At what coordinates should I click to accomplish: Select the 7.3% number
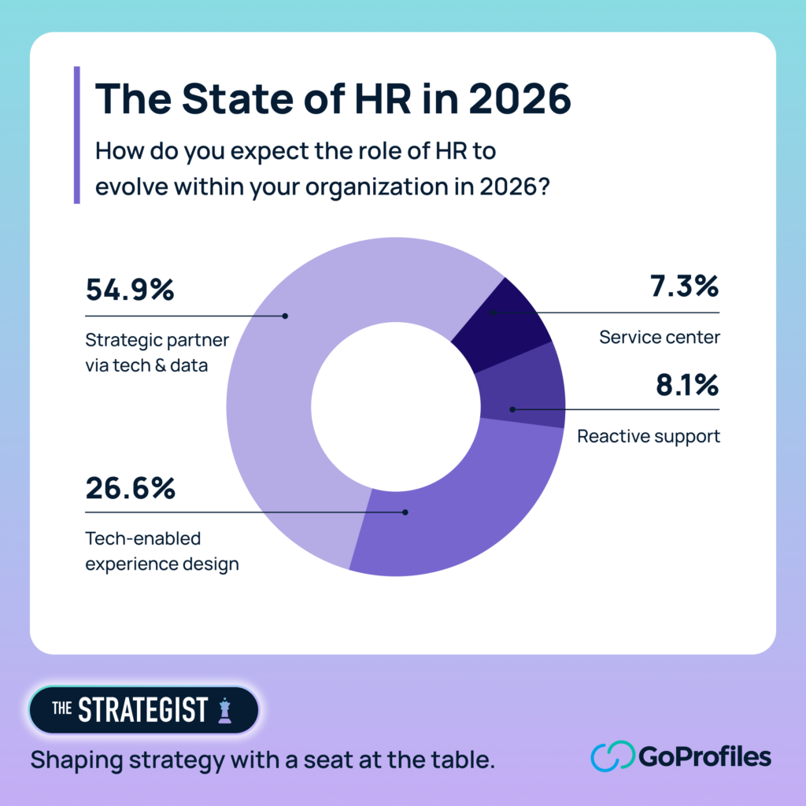685,286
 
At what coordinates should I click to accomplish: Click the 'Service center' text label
659,338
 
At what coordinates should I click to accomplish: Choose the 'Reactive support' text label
648,436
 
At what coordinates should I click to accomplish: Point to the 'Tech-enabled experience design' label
161,551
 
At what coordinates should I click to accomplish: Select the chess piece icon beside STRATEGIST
226,710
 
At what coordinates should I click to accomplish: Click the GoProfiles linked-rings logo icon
612,757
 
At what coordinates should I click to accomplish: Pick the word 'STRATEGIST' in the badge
142,710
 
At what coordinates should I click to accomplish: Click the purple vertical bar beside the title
76,135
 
